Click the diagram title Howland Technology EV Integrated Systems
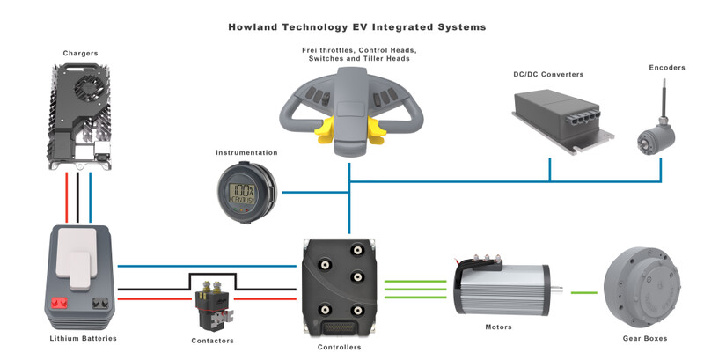(351, 27)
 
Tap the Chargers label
(79, 53)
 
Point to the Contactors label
(212, 341)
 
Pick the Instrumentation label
(246, 152)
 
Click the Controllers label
(339, 347)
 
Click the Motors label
(498, 327)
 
